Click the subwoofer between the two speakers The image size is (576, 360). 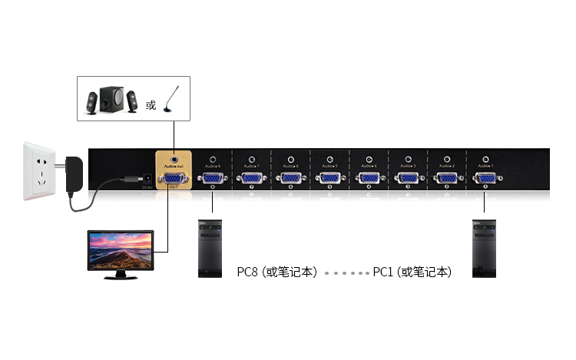point(112,98)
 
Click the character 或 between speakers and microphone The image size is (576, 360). point(151,105)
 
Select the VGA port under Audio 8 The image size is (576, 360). point(212,179)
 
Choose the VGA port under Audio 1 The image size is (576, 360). point(485,179)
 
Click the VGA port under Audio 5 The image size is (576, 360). point(329,179)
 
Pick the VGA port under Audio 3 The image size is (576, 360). point(407,179)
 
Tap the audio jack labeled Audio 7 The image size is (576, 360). point(252,160)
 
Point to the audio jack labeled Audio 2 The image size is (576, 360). point(446,160)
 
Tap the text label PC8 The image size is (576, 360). point(249,272)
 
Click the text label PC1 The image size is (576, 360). point(384,272)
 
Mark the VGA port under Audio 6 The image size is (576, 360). point(290,179)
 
